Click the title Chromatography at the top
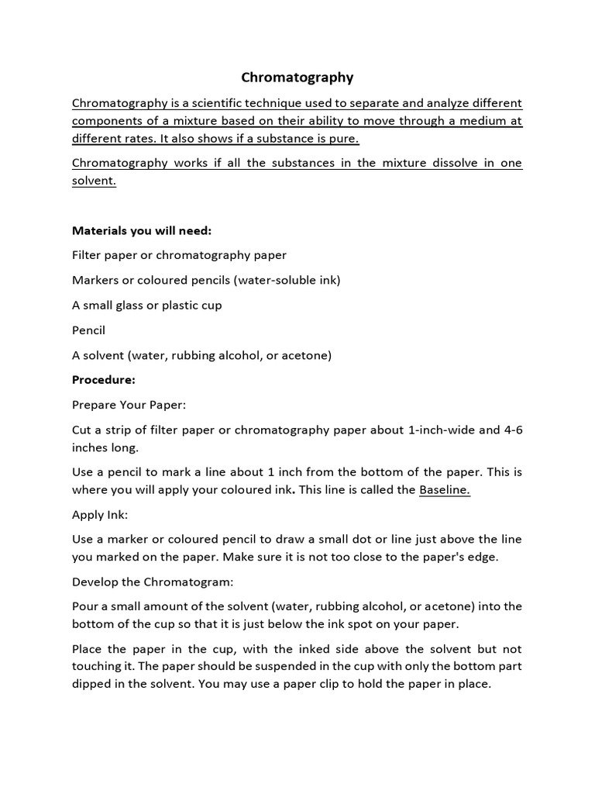point(297,78)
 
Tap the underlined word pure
point(346,139)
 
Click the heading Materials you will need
point(142,230)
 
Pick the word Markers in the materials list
point(96,280)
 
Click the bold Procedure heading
point(104,380)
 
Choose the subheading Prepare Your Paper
point(129,405)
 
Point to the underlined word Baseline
point(444,489)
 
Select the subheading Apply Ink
point(100,514)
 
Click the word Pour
point(85,606)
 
